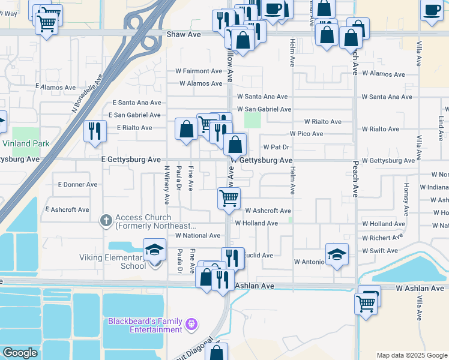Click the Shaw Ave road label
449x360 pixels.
tap(184, 35)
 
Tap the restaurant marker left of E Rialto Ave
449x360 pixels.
tap(95, 131)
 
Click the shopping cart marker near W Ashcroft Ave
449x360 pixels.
tap(229, 198)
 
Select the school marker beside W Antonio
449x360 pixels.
tap(337, 254)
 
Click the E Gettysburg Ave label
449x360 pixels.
tap(131, 160)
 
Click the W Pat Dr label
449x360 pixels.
tap(277, 147)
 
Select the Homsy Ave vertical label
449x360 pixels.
tap(406, 200)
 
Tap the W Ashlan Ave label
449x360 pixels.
tap(420, 289)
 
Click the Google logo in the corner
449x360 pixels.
tap(20, 353)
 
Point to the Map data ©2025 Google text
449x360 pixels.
tap(411, 355)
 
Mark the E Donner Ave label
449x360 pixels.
tap(75, 185)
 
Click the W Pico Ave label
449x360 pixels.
tap(306, 134)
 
